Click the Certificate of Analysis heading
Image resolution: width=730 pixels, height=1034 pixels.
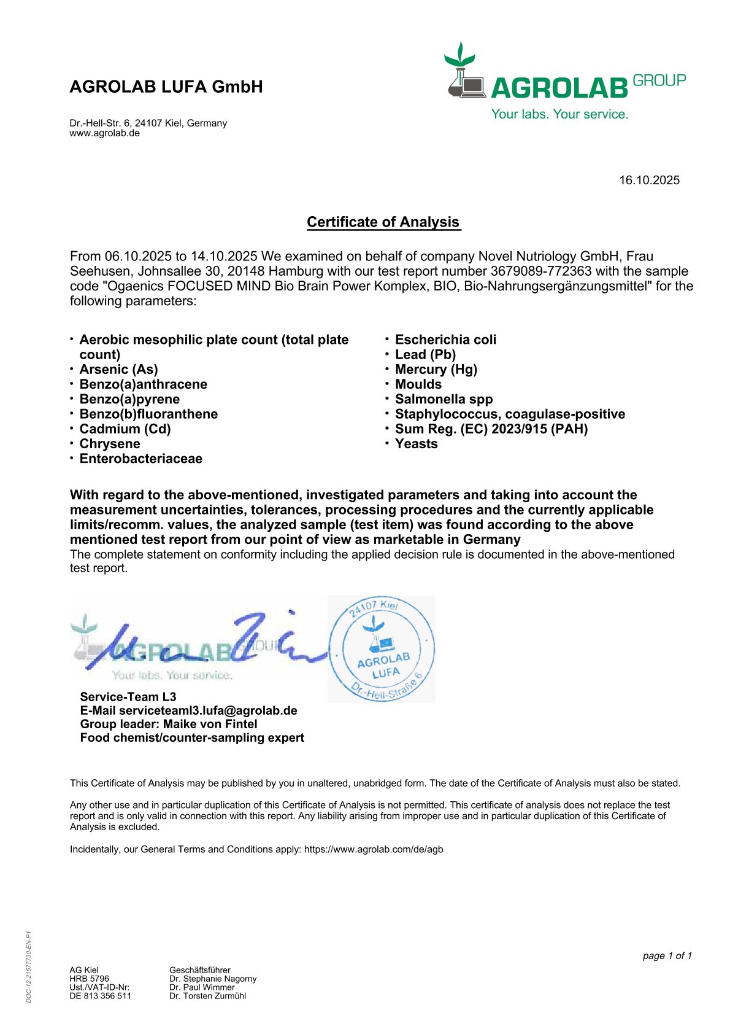(x=383, y=222)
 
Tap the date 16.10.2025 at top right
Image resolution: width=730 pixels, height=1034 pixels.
(x=649, y=180)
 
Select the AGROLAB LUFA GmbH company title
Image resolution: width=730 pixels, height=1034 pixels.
(x=166, y=87)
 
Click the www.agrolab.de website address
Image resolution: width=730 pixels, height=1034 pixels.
(x=105, y=133)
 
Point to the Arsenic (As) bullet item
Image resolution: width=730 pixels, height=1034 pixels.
(x=118, y=370)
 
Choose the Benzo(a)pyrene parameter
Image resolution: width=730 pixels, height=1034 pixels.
(x=129, y=399)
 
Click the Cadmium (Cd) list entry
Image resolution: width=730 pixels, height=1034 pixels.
(x=125, y=429)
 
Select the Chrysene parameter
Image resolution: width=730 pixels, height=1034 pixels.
(x=110, y=444)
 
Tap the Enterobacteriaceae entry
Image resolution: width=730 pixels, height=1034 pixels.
(x=141, y=459)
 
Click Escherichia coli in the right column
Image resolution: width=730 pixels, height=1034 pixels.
(x=445, y=340)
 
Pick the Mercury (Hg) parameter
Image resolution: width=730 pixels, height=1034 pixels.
(x=436, y=370)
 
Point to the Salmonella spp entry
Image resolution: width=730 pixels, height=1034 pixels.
(x=444, y=399)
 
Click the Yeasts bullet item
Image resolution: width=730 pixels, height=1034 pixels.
(x=416, y=444)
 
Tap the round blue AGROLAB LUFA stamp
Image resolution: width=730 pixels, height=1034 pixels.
(x=382, y=649)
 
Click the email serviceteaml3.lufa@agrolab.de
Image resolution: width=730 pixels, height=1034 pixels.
(x=208, y=710)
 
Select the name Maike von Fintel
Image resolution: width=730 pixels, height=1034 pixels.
(x=210, y=724)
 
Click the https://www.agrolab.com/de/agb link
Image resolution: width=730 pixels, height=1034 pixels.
(x=373, y=849)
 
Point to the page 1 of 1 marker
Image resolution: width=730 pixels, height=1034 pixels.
(x=667, y=955)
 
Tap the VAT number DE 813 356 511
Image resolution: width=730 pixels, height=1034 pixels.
(x=101, y=996)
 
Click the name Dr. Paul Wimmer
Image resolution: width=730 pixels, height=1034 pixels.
(x=202, y=987)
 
